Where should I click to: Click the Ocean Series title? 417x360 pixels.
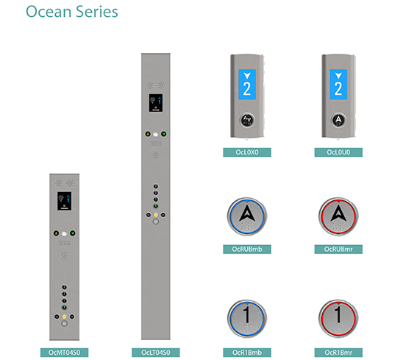(x=72, y=12)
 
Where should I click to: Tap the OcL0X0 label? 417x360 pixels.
(x=247, y=152)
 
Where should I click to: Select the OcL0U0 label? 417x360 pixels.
(x=338, y=152)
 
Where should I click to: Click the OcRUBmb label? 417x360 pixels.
(x=247, y=250)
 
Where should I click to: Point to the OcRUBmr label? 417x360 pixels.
(x=338, y=250)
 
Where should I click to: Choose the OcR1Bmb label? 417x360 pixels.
(x=247, y=353)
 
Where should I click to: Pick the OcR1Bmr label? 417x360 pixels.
(x=338, y=353)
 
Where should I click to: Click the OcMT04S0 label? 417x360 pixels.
(x=65, y=353)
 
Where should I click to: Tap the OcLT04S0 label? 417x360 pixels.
(x=156, y=353)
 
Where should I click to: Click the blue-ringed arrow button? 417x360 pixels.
(x=247, y=216)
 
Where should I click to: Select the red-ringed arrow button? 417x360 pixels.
(x=338, y=216)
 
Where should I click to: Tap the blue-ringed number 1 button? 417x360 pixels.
(x=247, y=319)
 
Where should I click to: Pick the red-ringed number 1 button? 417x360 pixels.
(x=338, y=319)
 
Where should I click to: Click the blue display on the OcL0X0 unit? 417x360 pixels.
(x=247, y=85)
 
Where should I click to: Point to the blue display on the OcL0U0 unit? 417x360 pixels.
(x=338, y=85)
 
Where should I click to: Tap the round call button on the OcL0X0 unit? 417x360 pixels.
(x=247, y=120)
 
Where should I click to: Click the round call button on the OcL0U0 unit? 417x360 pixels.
(x=338, y=120)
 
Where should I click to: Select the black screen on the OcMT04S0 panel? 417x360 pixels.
(x=65, y=201)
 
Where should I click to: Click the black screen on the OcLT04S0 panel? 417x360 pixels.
(x=156, y=102)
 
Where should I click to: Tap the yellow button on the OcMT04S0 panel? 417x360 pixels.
(x=65, y=317)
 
